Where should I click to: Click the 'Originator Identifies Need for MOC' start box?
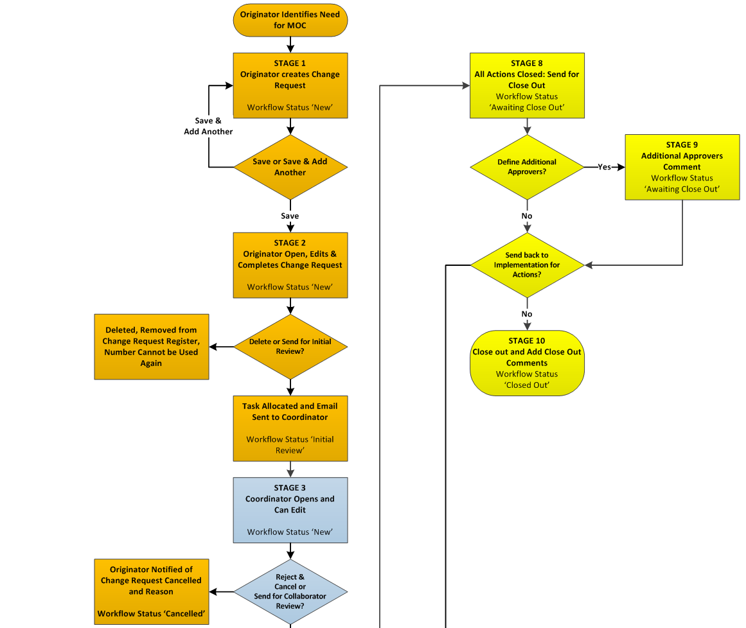[290, 20]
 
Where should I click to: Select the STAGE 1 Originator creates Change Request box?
[290, 85]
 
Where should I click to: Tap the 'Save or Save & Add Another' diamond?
[290, 167]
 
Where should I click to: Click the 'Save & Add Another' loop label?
[208, 126]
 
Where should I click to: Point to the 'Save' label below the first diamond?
[290, 216]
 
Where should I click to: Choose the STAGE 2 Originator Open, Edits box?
[290, 265]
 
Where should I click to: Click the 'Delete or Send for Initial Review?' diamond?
[290, 347]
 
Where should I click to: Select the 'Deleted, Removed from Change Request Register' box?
[152, 347]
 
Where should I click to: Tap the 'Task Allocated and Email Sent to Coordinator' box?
[290, 428]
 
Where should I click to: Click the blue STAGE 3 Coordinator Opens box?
[290, 510]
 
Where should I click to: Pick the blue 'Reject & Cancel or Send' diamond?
[290, 591]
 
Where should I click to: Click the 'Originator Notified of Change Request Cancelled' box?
[152, 591]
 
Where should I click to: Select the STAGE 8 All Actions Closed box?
[527, 85]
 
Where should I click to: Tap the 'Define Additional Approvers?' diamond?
[527, 167]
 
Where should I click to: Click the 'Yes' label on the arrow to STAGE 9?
[604, 167]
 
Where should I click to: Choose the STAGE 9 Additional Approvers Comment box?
[682, 167]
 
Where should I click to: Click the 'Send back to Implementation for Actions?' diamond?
[527, 265]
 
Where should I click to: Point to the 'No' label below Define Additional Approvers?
[527, 216]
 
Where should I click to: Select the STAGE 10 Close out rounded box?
[527, 363]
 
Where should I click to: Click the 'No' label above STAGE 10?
[527, 314]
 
